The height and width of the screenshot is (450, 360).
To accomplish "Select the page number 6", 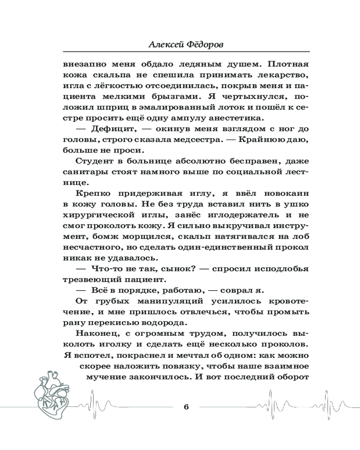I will [186, 407].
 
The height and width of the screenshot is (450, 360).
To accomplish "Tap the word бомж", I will [99, 237].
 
